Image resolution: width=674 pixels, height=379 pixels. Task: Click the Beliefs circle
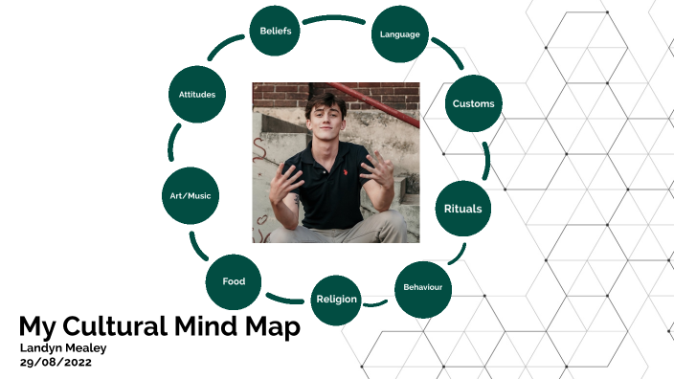[x=276, y=31]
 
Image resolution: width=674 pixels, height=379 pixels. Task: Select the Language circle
[x=398, y=33]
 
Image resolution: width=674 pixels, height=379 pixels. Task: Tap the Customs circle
[x=473, y=103]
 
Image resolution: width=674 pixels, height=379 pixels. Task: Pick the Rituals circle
[x=462, y=208]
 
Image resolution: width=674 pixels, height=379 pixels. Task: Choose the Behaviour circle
[x=422, y=288]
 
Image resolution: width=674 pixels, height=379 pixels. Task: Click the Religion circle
[x=336, y=299]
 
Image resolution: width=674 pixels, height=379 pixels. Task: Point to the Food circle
[x=234, y=281]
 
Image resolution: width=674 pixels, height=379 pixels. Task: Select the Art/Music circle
[x=189, y=196]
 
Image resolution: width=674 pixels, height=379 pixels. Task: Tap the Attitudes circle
[x=197, y=95]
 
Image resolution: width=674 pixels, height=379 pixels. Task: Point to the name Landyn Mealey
[x=64, y=347]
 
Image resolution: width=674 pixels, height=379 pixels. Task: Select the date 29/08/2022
[x=55, y=363]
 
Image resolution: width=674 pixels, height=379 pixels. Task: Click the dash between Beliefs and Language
[x=335, y=18]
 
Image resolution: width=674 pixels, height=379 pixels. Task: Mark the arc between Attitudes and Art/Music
[x=173, y=144]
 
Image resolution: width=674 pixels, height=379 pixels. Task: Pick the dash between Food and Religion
[x=284, y=299]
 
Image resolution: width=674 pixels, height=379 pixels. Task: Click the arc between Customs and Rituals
[x=487, y=158]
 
